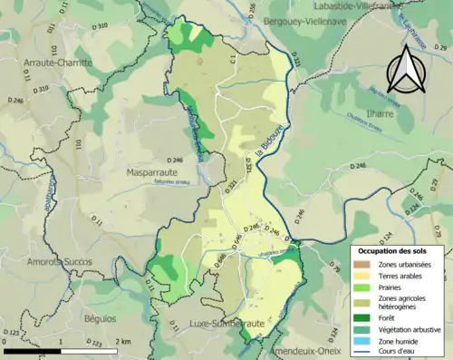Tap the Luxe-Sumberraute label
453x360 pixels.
coord(226,323)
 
